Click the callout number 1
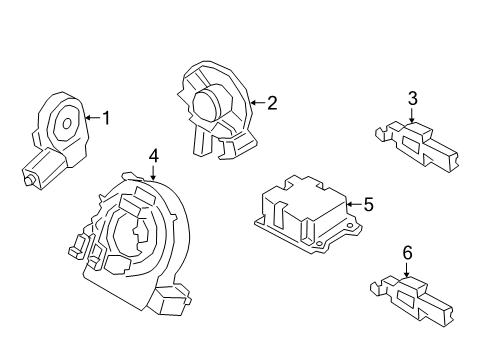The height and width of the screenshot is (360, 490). pyautogui.click(x=106, y=118)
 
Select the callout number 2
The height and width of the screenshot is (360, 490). pyautogui.click(x=272, y=103)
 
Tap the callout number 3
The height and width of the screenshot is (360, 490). pyautogui.click(x=413, y=99)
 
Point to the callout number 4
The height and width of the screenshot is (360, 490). pyautogui.click(x=153, y=156)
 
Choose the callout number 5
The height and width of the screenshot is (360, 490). pyautogui.click(x=368, y=204)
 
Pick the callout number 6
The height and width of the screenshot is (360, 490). pyautogui.click(x=407, y=253)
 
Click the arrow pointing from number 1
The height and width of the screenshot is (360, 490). pyautogui.click(x=92, y=117)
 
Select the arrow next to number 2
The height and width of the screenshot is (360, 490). pyautogui.click(x=258, y=102)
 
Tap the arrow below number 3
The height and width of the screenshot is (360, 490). pyautogui.click(x=412, y=115)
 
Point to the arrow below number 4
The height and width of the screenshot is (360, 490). pyautogui.click(x=153, y=173)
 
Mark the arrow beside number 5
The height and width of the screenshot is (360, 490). pyautogui.click(x=354, y=204)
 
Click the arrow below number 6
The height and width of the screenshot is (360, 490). pyautogui.click(x=407, y=269)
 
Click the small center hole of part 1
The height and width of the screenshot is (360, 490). pyautogui.click(x=67, y=124)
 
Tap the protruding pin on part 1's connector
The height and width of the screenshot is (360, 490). pyautogui.click(x=29, y=180)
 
